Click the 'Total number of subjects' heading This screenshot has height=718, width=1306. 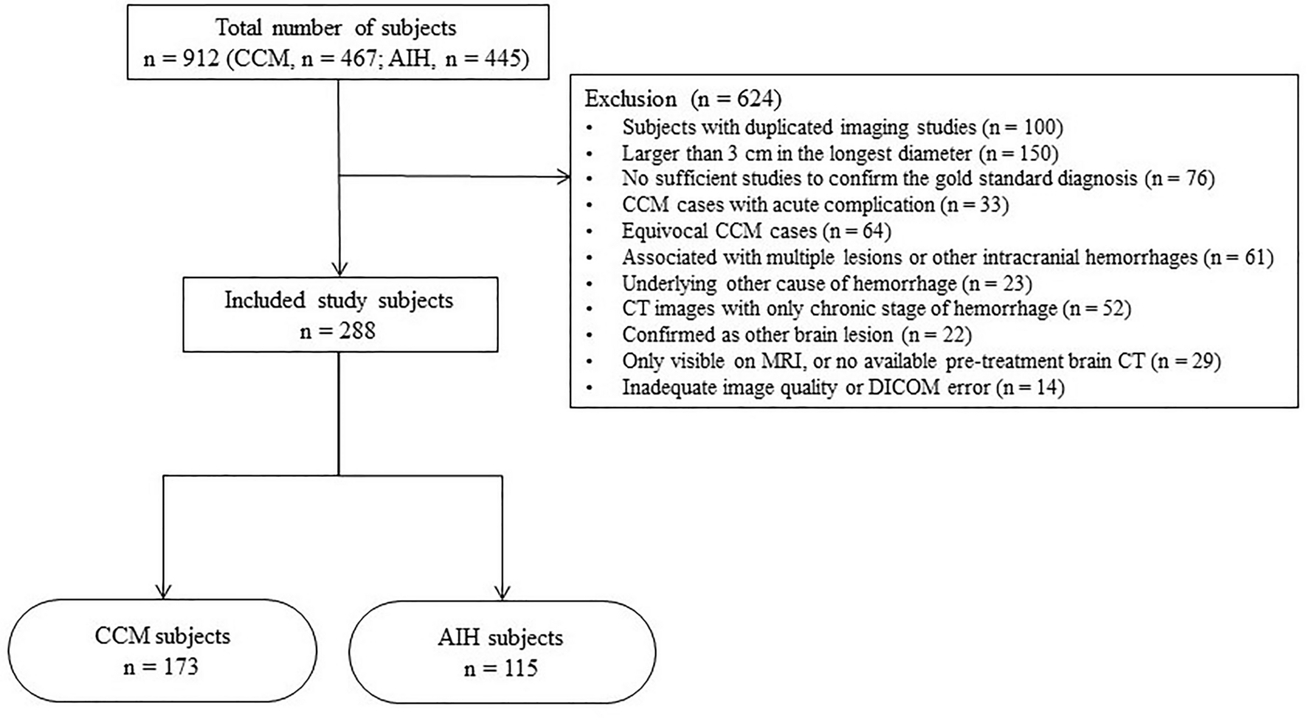(336, 28)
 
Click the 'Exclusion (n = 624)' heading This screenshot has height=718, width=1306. (683, 100)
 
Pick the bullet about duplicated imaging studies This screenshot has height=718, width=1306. (841, 127)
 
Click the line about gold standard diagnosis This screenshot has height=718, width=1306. (917, 178)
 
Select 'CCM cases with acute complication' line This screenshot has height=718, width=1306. (814, 204)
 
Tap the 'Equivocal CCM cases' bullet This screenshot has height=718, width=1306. (756, 231)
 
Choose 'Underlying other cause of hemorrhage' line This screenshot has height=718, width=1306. (826, 283)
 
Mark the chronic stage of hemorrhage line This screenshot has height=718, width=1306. (875, 308)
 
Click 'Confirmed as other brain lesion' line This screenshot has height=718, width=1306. (796, 335)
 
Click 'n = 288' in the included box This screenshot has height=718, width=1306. (338, 331)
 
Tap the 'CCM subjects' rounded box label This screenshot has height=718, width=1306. (162, 636)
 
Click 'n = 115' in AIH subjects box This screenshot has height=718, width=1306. (501, 669)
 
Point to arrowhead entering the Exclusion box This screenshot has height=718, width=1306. (564, 176)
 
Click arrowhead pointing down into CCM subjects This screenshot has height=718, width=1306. (163, 591)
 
